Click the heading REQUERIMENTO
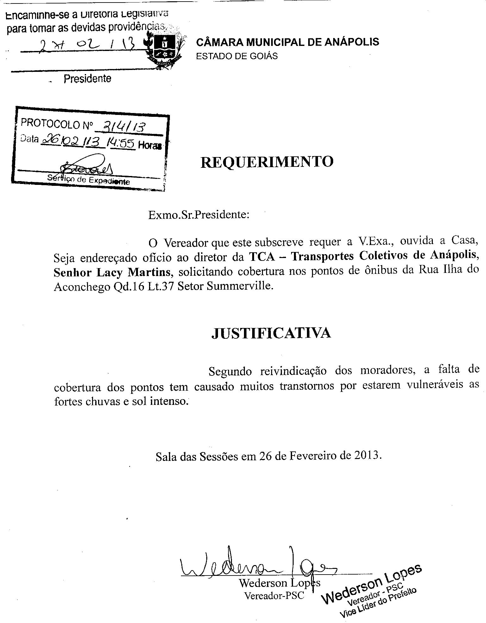[x=267, y=162]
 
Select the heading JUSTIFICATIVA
[x=271, y=333]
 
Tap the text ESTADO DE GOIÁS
[x=237, y=56]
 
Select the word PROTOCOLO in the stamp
[x=50, y=124]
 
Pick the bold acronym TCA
[x=262, y=256]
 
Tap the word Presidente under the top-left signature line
[x=87, y=79]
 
